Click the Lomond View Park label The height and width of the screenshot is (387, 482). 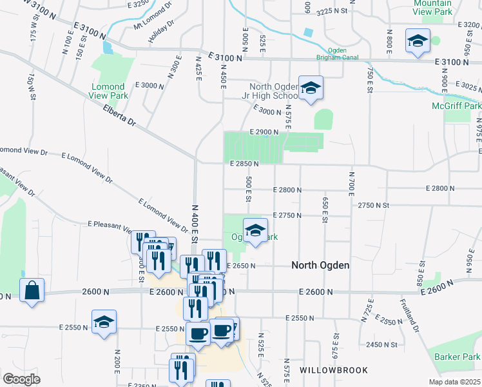108,91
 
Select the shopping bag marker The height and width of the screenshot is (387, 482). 32,291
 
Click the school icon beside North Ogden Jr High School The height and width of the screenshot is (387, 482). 311,89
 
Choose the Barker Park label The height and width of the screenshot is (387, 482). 458,357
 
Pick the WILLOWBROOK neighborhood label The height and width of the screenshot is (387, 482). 334,370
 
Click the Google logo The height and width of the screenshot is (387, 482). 21,379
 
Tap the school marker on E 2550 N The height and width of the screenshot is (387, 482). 104,322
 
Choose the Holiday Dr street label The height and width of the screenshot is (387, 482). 161,32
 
